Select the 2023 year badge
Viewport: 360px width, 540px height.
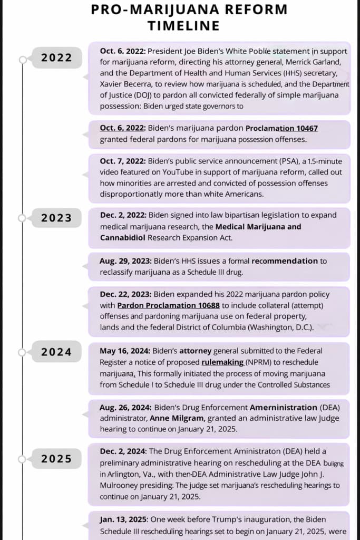56,217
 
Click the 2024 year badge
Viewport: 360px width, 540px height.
56,352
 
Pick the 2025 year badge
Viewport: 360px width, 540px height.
56,459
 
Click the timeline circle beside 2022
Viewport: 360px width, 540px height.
23,60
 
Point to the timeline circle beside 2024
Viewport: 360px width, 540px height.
23,352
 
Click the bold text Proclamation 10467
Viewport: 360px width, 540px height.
274,128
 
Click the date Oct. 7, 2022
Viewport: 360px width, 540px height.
123,161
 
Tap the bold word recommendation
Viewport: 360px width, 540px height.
285,261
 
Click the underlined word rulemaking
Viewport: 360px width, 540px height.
222,362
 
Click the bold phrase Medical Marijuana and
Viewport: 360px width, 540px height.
258,227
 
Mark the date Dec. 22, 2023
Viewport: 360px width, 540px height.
125,295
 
